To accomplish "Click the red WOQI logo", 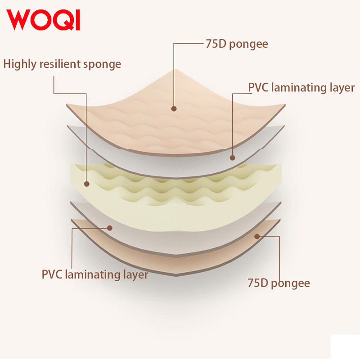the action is point(43,20).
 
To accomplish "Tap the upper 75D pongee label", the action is point(237,44).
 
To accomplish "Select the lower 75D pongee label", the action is point(279,283).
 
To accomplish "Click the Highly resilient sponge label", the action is point(62,64).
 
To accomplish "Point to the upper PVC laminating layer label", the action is point(301,88).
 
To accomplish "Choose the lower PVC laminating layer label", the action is point(95,274).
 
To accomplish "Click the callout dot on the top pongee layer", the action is point(174,108).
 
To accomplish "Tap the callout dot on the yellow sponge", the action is point(86,184).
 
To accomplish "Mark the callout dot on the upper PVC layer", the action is point(232,158).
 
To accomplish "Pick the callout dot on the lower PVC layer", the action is point(110,228).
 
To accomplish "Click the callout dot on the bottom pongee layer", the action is point(257,236).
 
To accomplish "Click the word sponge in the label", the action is point(102,65).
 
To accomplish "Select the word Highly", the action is point(20,64).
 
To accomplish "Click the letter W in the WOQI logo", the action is point(18,20).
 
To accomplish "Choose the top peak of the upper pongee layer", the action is point(175,69).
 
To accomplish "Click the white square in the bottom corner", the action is point(345,347).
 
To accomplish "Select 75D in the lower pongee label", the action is point(258,283).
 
